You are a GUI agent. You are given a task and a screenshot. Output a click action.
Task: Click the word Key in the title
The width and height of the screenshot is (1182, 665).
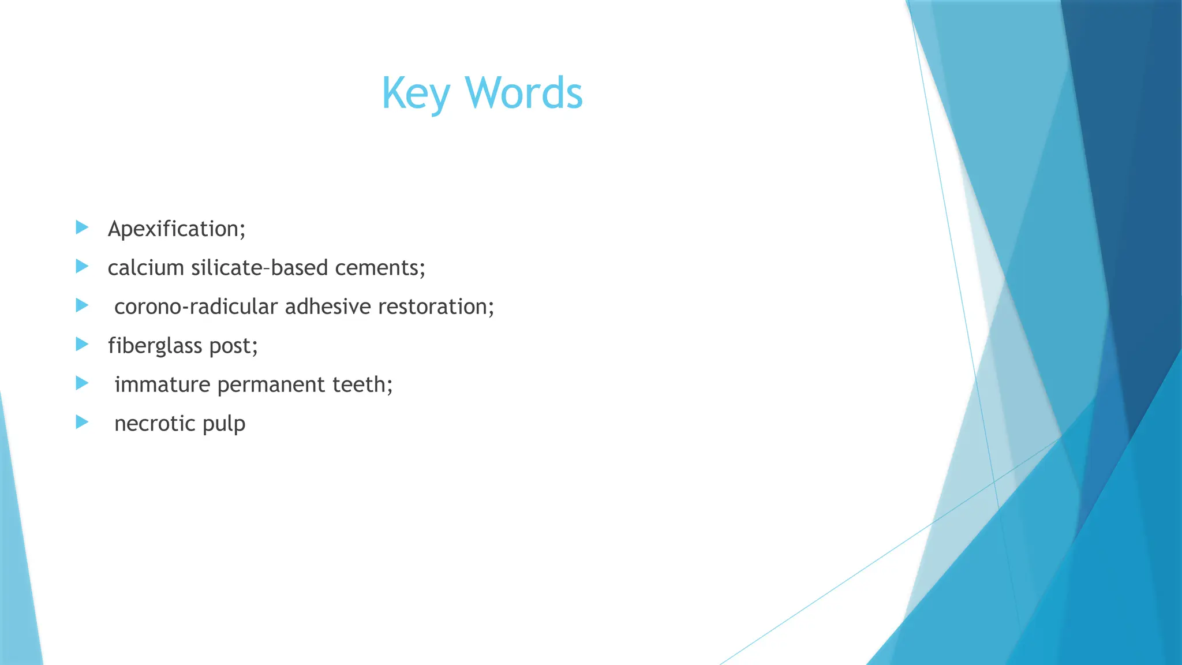[x=415, y=94]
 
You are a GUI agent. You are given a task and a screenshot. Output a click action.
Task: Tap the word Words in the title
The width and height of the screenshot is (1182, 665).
[x=523, y=94]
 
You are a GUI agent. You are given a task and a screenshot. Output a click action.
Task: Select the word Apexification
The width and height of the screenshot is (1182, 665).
[x=176, y=229]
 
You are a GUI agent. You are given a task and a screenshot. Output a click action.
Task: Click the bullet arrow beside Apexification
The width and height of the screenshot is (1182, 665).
[x=82, y=227]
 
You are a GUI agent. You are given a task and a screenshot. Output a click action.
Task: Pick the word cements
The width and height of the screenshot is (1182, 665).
[x=380, y=268]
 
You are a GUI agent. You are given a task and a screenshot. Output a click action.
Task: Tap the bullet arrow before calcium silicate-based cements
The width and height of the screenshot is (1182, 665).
[x=82, y=266]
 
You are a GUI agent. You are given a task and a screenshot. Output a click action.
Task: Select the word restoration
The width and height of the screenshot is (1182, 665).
[x=436, y=307]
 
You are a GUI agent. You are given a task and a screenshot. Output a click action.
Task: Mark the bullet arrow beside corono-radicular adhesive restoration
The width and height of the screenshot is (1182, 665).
[x=82, y=305]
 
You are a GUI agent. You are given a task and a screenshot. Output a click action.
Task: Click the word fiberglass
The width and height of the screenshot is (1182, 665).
[x=155, y=346]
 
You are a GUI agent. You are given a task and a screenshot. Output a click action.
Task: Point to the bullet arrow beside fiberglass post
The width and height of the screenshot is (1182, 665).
[x=82, y=344]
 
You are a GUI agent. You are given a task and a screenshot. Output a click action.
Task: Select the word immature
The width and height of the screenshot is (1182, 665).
[x=162, y=384]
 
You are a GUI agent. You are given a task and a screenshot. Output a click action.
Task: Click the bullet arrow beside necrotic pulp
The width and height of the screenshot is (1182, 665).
[x=82, y=422]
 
